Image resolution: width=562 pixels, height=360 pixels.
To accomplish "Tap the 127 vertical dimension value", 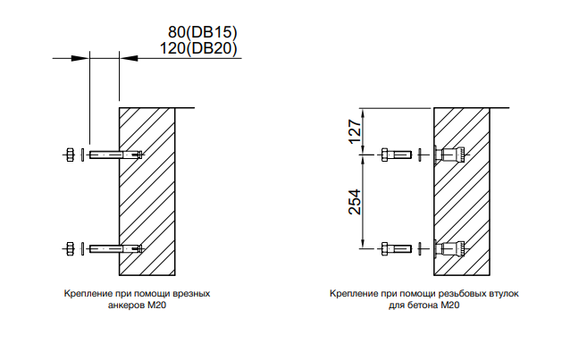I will [x=355, y=132].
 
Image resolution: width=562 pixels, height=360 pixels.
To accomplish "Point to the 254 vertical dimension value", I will [x=355, y=201].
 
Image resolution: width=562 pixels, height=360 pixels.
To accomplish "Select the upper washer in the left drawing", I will [x=83, y=155].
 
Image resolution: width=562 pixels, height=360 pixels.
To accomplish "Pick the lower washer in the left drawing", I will [x=83, y=247].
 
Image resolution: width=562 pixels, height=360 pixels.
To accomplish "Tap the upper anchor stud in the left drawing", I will [x=116, y=155].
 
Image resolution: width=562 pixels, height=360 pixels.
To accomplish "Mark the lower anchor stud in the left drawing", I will [x=116, y=247].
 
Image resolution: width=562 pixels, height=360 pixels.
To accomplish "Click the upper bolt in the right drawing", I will [x=394, y=155].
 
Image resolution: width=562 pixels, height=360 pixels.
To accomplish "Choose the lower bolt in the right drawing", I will [x=394, y=247].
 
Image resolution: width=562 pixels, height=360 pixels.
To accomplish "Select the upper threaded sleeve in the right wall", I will [x=448, y=155].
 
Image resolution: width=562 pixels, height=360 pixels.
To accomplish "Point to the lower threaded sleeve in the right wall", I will [x=448, y=247].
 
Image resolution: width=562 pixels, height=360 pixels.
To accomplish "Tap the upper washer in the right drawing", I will [x=417, y=155].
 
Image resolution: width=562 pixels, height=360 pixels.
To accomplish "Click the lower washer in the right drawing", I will [x=417, y=247].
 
